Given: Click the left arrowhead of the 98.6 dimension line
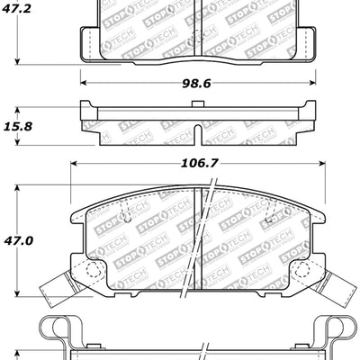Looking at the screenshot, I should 84,82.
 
